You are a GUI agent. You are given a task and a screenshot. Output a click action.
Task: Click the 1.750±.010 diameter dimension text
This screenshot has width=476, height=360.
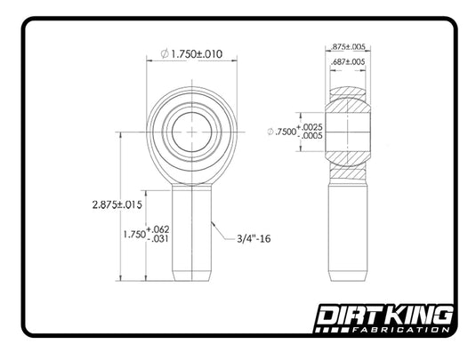pyautogui.click(x=197, y=54)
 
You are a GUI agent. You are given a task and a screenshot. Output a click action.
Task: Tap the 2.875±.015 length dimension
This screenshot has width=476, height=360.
pyautogui.click(x=117, y=204)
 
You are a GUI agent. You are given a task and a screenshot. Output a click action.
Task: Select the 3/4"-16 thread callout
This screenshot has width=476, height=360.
pyautogui.click(x=254, y=239)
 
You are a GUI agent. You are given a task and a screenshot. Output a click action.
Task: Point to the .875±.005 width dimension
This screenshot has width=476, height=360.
pyautogui.click(x=348, y=47)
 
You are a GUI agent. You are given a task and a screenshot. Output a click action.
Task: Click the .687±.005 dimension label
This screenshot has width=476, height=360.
pyautogui.click(x=348, y=62)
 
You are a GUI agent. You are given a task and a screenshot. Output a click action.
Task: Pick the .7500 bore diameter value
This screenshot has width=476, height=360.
pyautogui.click(x=286, y=132)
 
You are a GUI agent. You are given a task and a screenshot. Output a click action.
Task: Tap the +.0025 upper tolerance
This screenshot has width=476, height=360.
pyautogui.click(x=310, y=127)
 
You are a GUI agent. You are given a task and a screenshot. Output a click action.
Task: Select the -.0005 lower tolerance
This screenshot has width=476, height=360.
pyautogui.click(x=311, y=136)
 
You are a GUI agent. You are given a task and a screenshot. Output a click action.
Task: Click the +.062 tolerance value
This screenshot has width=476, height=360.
pyautogui.click(x=157, y=229)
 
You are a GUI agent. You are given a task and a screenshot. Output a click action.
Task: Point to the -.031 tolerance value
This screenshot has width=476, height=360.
pyautogui.click(x=158, y=239)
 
